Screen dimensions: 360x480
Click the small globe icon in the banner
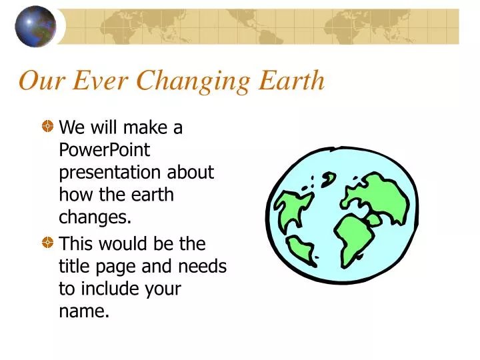[35, 27]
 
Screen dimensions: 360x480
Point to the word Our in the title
[42, 81]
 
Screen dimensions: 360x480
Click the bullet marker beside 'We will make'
[48, 126]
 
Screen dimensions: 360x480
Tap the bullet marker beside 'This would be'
[48, 243]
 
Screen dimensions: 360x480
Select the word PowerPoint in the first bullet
[105, 150]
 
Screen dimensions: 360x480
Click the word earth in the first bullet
[152, 195]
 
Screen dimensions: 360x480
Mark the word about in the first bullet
[191, 173]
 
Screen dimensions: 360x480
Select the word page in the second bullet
[117, 267]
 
